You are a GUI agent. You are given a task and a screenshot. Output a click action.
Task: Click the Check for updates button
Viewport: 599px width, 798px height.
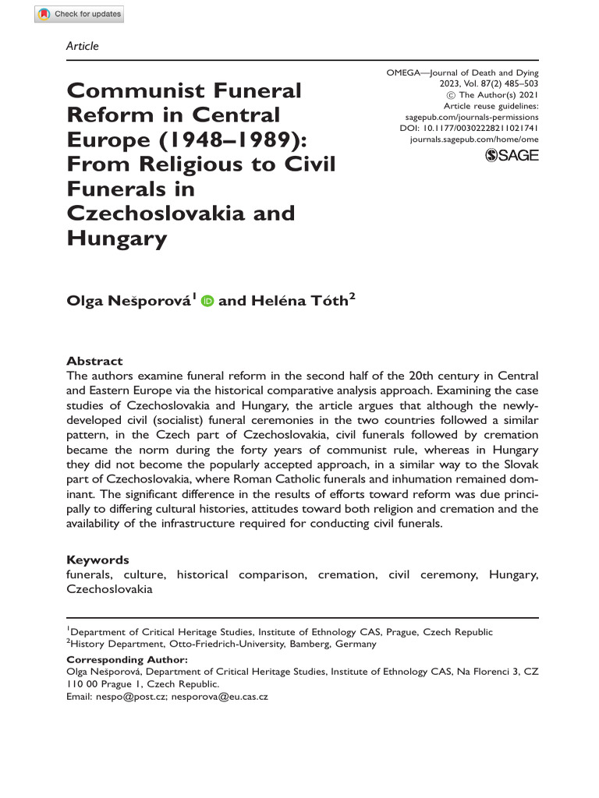point(80,14)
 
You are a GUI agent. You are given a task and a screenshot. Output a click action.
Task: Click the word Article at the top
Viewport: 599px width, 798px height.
point(83,46)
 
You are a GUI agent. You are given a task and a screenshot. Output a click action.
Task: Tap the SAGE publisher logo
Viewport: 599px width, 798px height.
point(512,155)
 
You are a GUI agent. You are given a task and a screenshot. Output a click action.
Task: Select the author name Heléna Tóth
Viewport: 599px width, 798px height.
point(297,302)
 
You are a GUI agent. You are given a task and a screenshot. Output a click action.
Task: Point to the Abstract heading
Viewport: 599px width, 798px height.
point(94,361)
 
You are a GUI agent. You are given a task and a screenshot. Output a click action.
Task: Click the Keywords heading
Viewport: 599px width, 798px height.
point(97,560)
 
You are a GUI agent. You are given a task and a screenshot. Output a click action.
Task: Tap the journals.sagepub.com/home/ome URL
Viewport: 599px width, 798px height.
point(473,138)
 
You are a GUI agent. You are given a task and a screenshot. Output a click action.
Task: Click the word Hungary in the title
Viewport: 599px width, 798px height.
point(117,238)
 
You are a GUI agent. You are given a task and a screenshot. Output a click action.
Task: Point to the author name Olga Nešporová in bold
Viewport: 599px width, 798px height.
point(128,302)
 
